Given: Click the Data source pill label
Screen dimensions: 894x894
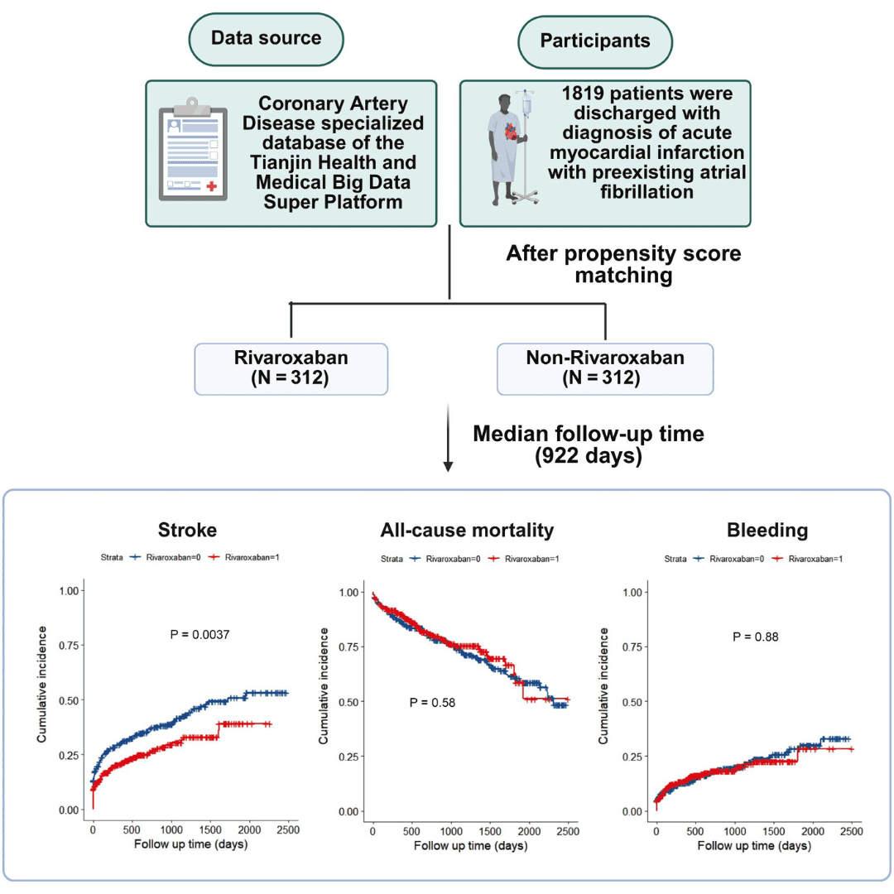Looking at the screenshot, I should pos(266,38).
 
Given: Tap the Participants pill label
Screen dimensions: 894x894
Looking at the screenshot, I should pos(595,41).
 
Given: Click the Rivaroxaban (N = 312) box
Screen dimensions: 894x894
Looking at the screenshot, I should pos(291,369).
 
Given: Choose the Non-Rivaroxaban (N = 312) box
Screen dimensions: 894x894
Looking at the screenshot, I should pos(605,369).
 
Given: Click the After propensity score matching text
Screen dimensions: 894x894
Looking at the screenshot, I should pos(622,264).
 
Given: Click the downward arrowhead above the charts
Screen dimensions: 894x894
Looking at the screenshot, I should pos(448,467).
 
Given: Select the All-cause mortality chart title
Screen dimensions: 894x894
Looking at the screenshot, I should pos(467,530).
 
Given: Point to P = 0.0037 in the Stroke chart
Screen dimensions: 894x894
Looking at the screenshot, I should pos(199,635).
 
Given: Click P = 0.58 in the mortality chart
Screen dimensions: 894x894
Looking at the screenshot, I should pos(432,703).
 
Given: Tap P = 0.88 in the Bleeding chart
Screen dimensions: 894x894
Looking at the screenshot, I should pos(756,637).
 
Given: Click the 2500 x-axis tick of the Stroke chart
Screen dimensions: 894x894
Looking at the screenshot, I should pos(288,829).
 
